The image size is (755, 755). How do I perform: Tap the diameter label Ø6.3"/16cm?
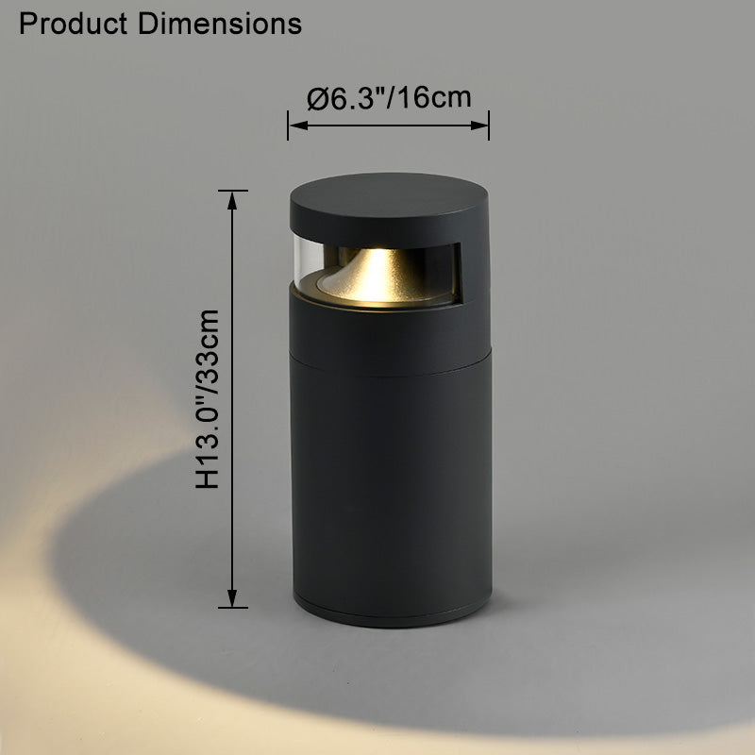coord(389,97)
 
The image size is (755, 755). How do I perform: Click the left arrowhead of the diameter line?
coord(294,124)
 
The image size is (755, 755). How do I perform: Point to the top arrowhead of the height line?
coord(232,197)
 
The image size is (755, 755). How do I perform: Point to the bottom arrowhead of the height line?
coord(232,599)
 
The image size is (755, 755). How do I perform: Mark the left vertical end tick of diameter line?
coord(289,124)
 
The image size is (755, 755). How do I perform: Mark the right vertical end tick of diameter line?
coord(489,124)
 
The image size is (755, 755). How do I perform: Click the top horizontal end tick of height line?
coord(232,191)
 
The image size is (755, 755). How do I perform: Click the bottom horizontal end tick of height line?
coord(232,607)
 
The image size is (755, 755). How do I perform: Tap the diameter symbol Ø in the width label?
coord(317,97)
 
